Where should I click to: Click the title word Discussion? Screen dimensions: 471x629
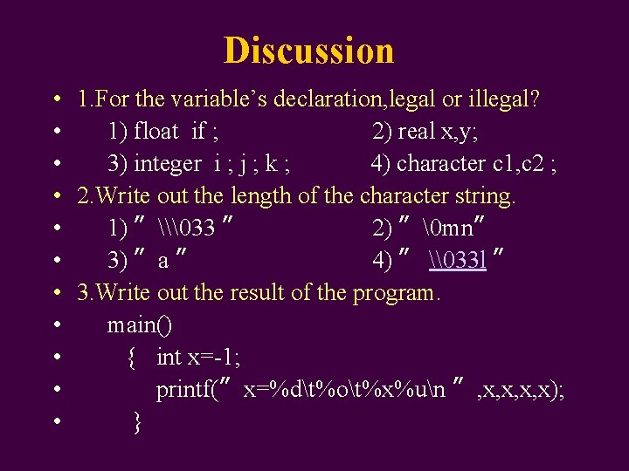click(308, 51)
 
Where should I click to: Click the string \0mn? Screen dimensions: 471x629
click(446, 229)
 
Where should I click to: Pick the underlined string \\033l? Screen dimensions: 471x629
click(458, 261)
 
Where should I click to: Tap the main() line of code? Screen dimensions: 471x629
click(140, 325)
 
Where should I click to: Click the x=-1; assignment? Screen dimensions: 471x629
click(213, 358)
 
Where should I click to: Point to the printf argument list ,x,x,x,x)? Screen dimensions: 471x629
click(521, 390)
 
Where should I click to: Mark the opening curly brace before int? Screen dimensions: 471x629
click(132, 358)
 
